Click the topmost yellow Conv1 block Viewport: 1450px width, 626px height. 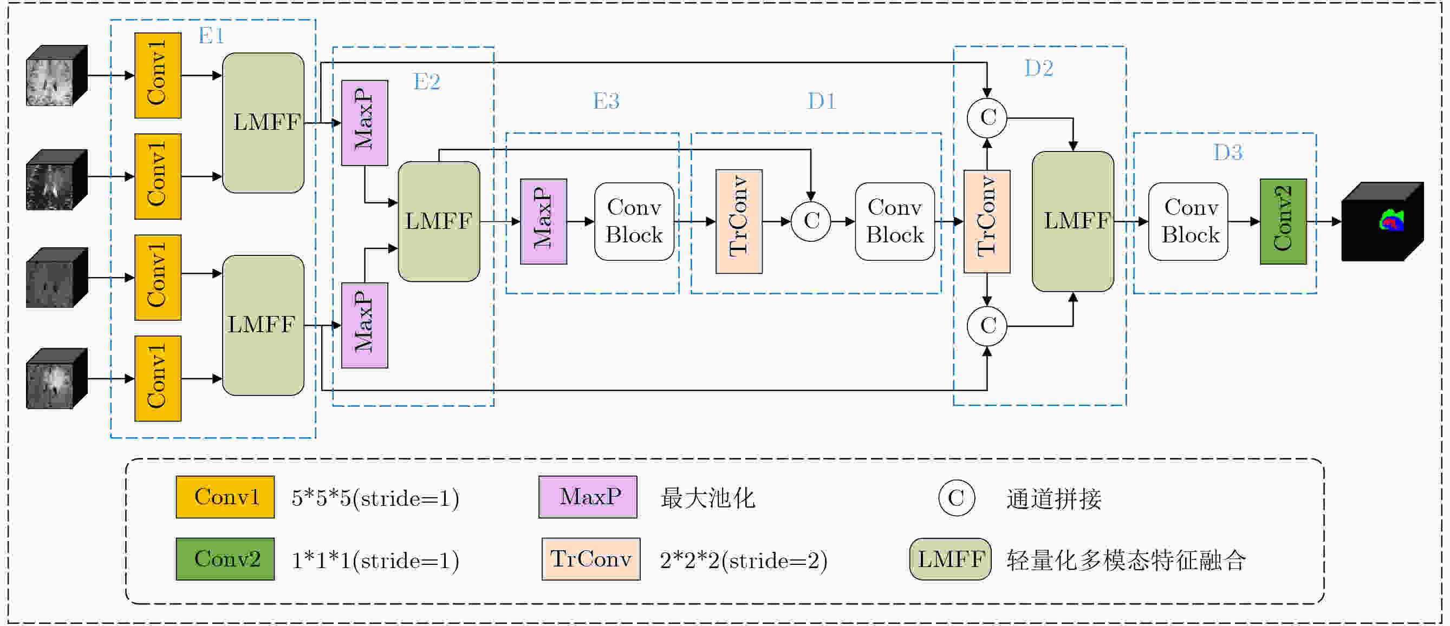[158, 75]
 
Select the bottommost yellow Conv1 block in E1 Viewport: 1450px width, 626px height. [158, 379]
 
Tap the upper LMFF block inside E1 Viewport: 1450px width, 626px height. [263, 123]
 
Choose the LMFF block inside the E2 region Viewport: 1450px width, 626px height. [439, 221]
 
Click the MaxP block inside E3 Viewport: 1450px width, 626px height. [543, 222]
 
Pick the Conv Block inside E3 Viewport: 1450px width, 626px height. [634, 222]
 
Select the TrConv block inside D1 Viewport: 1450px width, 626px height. [739, 222]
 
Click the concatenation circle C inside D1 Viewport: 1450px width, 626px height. [810, 222]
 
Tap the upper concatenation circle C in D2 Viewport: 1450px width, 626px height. [987, 118]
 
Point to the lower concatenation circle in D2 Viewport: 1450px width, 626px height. [987, 326]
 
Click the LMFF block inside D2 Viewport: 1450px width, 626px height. [1073, 222]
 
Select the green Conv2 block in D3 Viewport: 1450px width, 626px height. [1283, 222]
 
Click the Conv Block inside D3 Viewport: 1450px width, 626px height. [1188, 222]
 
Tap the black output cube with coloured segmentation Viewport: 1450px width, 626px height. [1382, 222]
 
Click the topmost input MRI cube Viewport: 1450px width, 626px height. [57, 75]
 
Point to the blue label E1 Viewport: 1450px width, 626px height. [211, 36]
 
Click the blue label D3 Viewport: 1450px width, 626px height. [1228, 153]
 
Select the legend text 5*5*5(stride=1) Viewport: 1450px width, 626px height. [375, 498]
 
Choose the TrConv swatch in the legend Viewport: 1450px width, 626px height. [590, 559]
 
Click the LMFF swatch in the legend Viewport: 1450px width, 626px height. [950, 559]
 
